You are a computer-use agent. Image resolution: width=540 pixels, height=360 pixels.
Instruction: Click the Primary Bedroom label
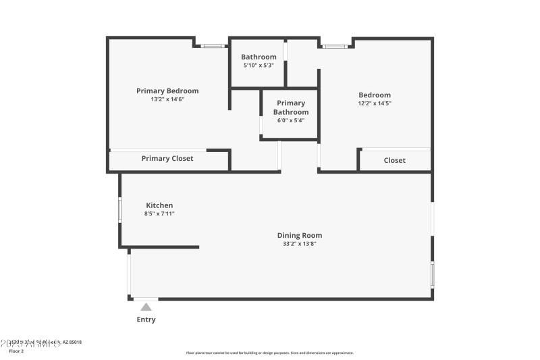[167, 91]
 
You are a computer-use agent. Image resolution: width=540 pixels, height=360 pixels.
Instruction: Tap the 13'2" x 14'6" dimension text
[167, 99]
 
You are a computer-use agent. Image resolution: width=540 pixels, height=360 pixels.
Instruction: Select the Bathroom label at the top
[259, 57]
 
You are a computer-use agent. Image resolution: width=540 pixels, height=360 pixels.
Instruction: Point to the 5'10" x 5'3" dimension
[259, 66]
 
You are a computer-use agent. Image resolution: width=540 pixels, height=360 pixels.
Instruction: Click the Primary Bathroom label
[291, 107]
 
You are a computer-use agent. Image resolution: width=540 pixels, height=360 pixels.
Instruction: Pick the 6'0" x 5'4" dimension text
[291, 120]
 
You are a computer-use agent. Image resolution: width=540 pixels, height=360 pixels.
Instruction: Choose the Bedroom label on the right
[375, 95]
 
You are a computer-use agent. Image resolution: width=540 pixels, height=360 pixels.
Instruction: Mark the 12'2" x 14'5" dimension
[375, 103]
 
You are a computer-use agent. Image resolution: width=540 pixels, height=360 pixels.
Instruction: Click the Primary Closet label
[167, 159]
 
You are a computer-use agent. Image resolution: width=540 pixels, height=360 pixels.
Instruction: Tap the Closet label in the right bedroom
[395, 160]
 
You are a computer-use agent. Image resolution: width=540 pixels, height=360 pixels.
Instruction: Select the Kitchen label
[159, 205]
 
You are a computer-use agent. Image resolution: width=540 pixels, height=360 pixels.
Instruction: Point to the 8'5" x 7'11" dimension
[159, 213]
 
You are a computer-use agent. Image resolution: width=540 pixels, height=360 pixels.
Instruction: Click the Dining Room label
[300, 236]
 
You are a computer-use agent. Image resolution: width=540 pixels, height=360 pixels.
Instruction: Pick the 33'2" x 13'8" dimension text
[300, 244]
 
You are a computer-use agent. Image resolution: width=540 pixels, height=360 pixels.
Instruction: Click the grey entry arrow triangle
[146, 307]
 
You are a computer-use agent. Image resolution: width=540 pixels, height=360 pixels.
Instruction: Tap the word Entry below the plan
[146, 319]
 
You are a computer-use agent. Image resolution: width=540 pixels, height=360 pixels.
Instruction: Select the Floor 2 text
[16, 351]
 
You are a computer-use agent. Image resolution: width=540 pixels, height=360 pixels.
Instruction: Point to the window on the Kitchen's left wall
[120, 209]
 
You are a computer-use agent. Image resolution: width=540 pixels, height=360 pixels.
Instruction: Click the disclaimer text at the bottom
[270, 353]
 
